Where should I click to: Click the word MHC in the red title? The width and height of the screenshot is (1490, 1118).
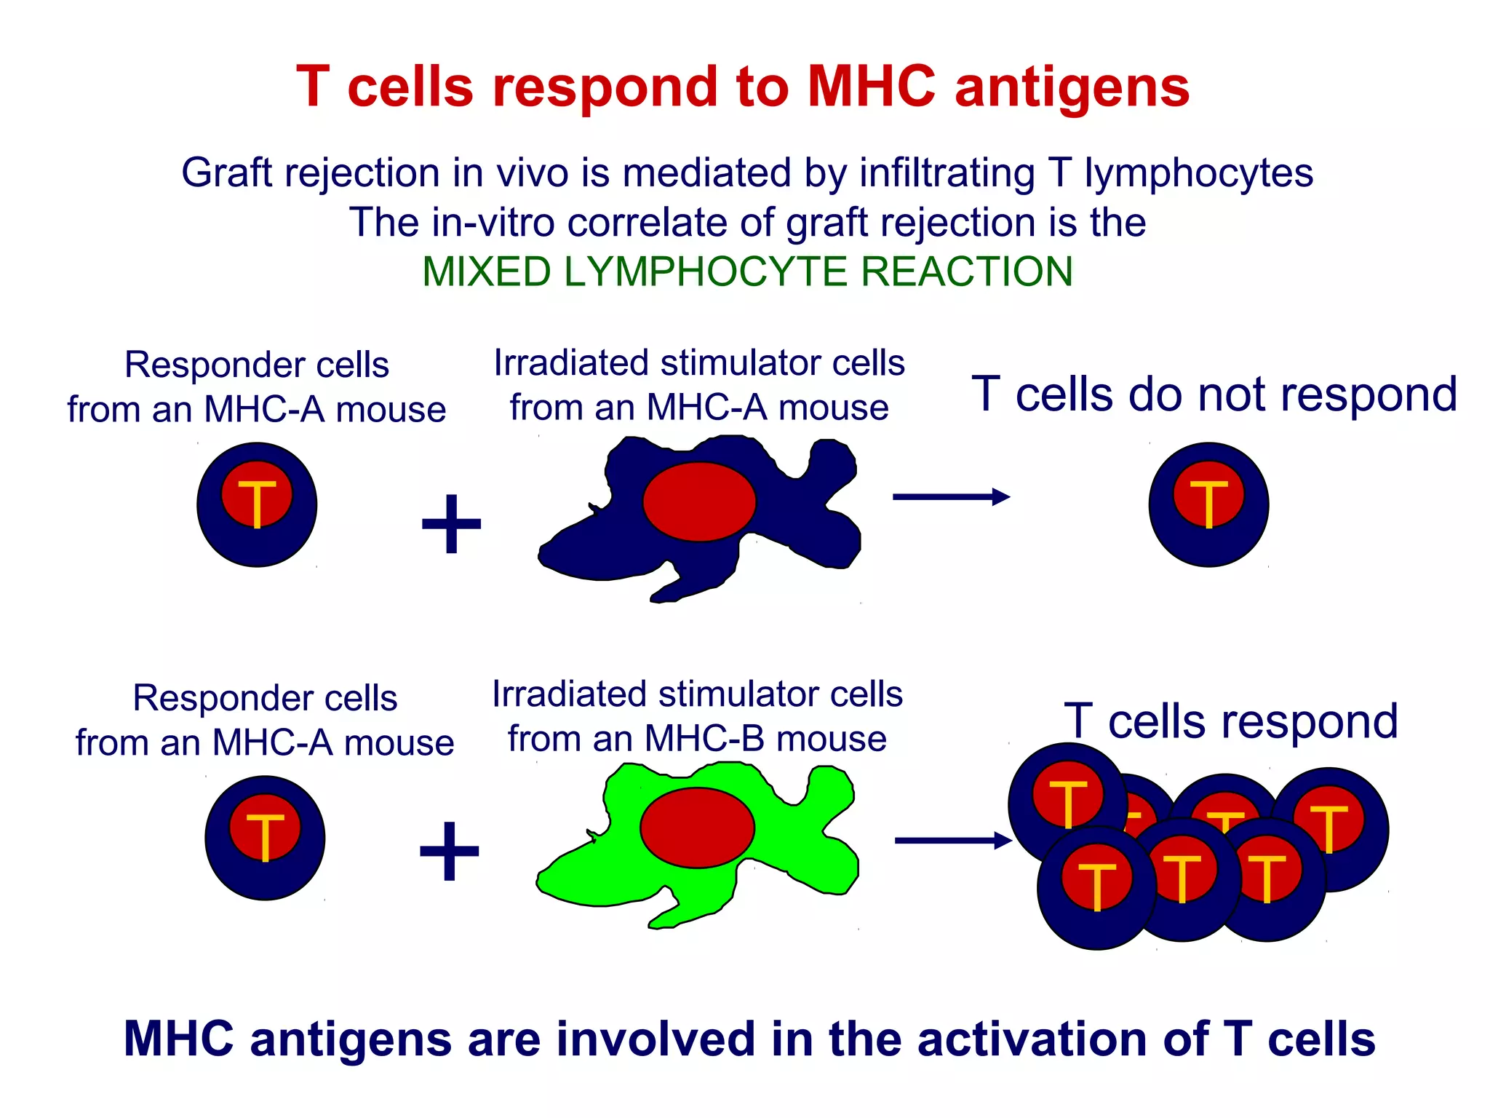871,87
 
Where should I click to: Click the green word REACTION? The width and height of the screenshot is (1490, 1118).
967,272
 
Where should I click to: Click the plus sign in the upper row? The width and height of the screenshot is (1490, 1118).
451,523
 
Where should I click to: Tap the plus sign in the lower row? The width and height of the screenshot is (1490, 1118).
450,851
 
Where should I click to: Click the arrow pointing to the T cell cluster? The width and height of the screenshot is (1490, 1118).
952,841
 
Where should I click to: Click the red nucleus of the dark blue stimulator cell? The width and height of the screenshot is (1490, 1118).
698,502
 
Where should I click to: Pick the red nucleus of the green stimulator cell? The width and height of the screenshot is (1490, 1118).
697,828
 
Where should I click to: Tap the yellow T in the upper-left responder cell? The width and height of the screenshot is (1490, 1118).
257,502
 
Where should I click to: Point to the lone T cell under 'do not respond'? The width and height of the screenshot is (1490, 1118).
1208,505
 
